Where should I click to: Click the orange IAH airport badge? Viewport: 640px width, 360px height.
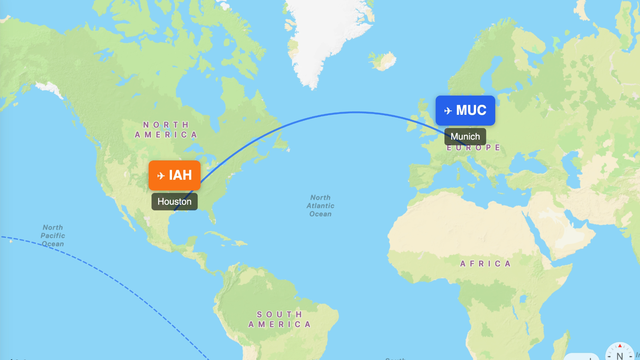click(174, 175)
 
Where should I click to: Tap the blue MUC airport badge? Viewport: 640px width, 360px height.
click(465, 110)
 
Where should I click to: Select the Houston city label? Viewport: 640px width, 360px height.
click(174, 202)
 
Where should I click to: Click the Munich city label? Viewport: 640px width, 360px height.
click(465, 137)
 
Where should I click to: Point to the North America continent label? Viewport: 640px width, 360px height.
click(166, 130)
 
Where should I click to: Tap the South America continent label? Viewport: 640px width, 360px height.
click(280, 319)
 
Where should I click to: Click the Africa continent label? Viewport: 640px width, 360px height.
click(485, 264)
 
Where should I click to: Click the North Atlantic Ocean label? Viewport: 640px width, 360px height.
click(320, 206)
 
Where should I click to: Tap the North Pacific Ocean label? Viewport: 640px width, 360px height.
click(53, 236)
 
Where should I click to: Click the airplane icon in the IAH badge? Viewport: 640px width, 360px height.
click(161, 176)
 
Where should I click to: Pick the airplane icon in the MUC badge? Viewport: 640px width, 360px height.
click(448, 111)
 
